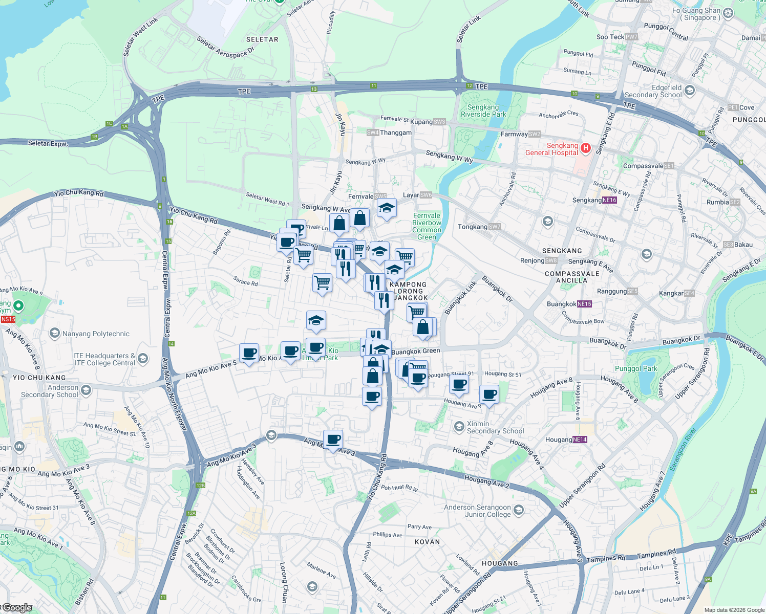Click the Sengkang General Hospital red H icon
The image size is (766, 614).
click(586, 148)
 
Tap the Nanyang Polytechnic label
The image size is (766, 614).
click(96, 334)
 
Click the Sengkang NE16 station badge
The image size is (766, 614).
click(609, 200)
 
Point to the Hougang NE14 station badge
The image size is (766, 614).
click(580, 440)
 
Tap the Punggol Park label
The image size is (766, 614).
click(635, 368)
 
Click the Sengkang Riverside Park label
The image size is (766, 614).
click(483, 111)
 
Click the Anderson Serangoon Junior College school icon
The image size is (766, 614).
click(519, 510)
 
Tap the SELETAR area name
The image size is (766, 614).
click(262, 39)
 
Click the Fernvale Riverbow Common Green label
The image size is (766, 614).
click(427, 226)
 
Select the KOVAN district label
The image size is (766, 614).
click(427, 542)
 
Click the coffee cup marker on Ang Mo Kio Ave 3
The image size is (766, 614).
click(333, 439)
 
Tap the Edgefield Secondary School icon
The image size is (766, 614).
click(690, 91)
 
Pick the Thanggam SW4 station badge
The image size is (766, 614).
click(373, 133)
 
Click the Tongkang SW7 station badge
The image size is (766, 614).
click(494, 227)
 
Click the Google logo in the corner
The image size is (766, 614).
click(17, 608)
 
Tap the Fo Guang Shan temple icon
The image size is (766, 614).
click(729, 13)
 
